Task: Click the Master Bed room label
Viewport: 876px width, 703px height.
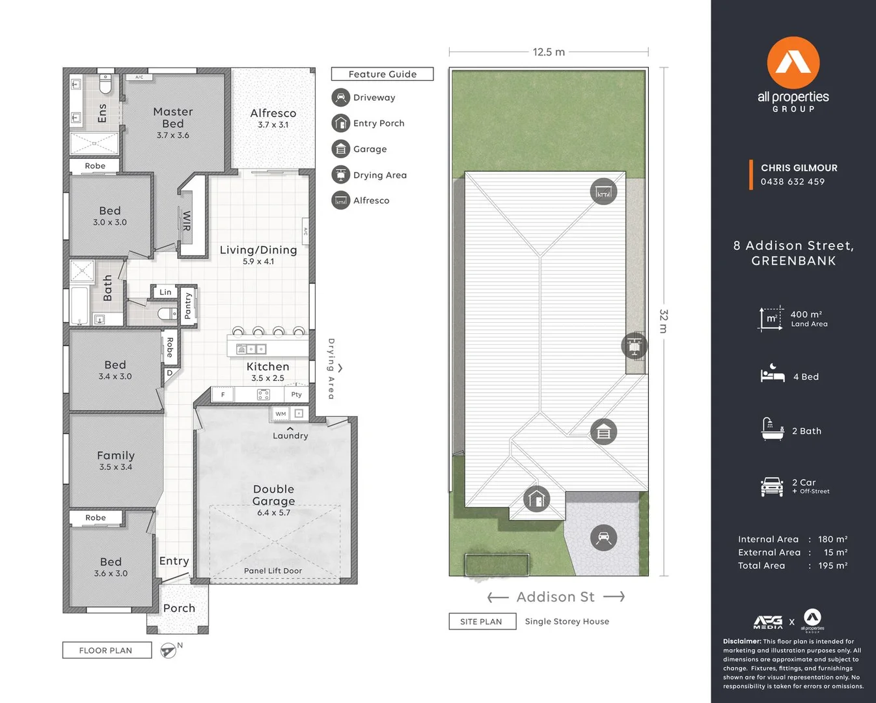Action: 173,118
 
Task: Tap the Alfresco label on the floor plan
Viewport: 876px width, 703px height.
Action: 273,113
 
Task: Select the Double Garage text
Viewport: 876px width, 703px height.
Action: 273,495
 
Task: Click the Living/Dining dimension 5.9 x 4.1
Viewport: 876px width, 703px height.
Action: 258,262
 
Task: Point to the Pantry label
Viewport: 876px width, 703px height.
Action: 188,305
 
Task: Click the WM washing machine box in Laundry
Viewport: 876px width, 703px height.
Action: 281,414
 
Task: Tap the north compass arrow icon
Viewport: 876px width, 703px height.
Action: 169,650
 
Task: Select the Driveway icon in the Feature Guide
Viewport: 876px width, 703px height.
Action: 340,98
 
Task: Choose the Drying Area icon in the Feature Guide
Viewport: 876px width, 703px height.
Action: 340,175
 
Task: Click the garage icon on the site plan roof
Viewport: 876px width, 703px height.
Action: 603,432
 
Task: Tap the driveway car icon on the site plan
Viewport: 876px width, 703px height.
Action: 603,538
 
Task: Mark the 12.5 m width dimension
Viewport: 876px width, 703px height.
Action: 549,52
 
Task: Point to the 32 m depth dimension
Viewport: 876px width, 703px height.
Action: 663,322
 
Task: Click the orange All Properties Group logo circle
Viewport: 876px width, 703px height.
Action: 793,62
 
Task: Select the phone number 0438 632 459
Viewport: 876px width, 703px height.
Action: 792,182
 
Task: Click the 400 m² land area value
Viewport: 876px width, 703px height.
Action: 806,314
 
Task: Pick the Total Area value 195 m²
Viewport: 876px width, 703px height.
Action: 832,566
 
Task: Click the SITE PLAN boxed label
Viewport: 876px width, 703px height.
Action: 481,622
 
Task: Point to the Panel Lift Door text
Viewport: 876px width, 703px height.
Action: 273,571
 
